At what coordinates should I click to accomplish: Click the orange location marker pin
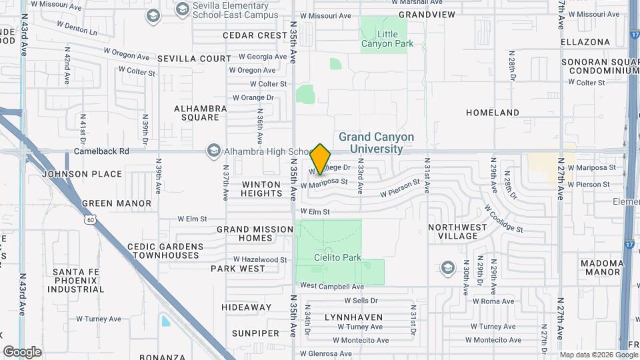click(321, 159)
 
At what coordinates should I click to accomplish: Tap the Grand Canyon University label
click(376, 143)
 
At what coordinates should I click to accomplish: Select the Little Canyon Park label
click(387, 39)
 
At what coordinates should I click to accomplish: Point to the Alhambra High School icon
click(213, 151)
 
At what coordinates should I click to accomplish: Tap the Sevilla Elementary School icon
click(182, 9)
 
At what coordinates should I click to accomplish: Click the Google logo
click(22, 351)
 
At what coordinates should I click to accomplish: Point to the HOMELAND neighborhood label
click(492, 113)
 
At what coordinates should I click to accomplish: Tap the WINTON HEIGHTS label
click(262, 189)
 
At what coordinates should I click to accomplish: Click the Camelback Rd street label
click(101, 151)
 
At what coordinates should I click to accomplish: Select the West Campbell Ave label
click(332, 286)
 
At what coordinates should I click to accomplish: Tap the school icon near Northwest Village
click(446, 268)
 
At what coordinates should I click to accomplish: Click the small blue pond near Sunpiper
click(165, 321)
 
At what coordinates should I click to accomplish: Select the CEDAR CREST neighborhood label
click(255, 35)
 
